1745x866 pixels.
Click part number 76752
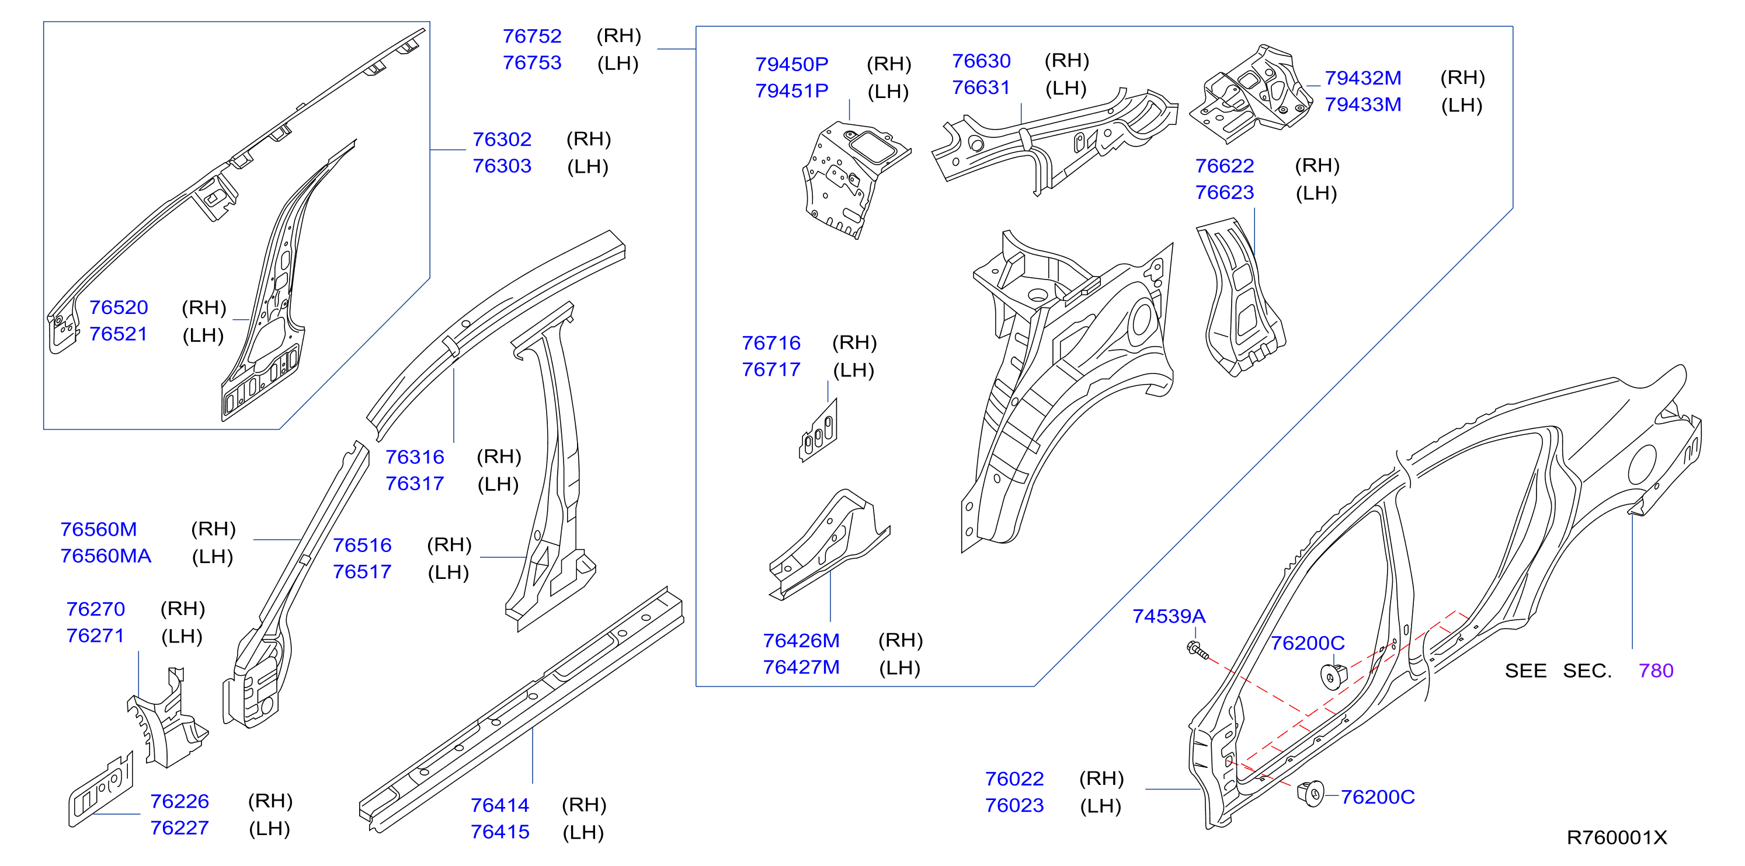pyautogui.click(x=532, y=36)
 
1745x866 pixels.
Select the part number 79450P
pyautogui.click(x=791, y=64)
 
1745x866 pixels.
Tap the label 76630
pyautogui.click(x=981, y=61)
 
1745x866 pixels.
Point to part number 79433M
pyautogui.click(x=1363, y=105)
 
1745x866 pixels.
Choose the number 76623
pyautogui.click(x=1224, y=193)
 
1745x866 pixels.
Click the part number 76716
pyautogui.click(x=771, y=343)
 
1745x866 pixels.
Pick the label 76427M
pyautogui.click(x=801, y=668)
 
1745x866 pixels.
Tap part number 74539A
pyautogui.click(x=1169, y=617)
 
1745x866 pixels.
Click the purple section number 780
pyautogui.click(x=1656, y=671)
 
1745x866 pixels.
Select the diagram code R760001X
pyautogui.click(x=1617, y=838)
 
